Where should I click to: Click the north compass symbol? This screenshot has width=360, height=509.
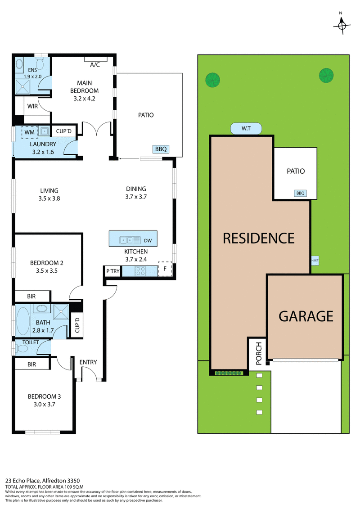[x=342, y=26]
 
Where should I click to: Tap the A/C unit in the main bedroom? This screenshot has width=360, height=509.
[x=95, y=59]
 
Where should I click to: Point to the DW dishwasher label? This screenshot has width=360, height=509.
[x=148, y=241]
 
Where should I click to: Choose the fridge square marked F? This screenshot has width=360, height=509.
[x=165, y=269]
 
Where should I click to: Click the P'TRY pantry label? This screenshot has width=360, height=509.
[x=112, y=271]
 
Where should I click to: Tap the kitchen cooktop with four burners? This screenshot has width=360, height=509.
[x=140, y=271]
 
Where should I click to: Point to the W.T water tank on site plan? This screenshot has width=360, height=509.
[x=246, y=129]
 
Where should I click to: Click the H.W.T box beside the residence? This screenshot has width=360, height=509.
[x=314, y=260]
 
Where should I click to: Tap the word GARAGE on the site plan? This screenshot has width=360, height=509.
[x=306, y=316]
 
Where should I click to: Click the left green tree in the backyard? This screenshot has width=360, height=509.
[x=212, y=80]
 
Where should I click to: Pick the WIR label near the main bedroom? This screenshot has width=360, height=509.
[x=32, y=107]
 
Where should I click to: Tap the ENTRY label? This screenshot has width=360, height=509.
[x=88, y=362]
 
